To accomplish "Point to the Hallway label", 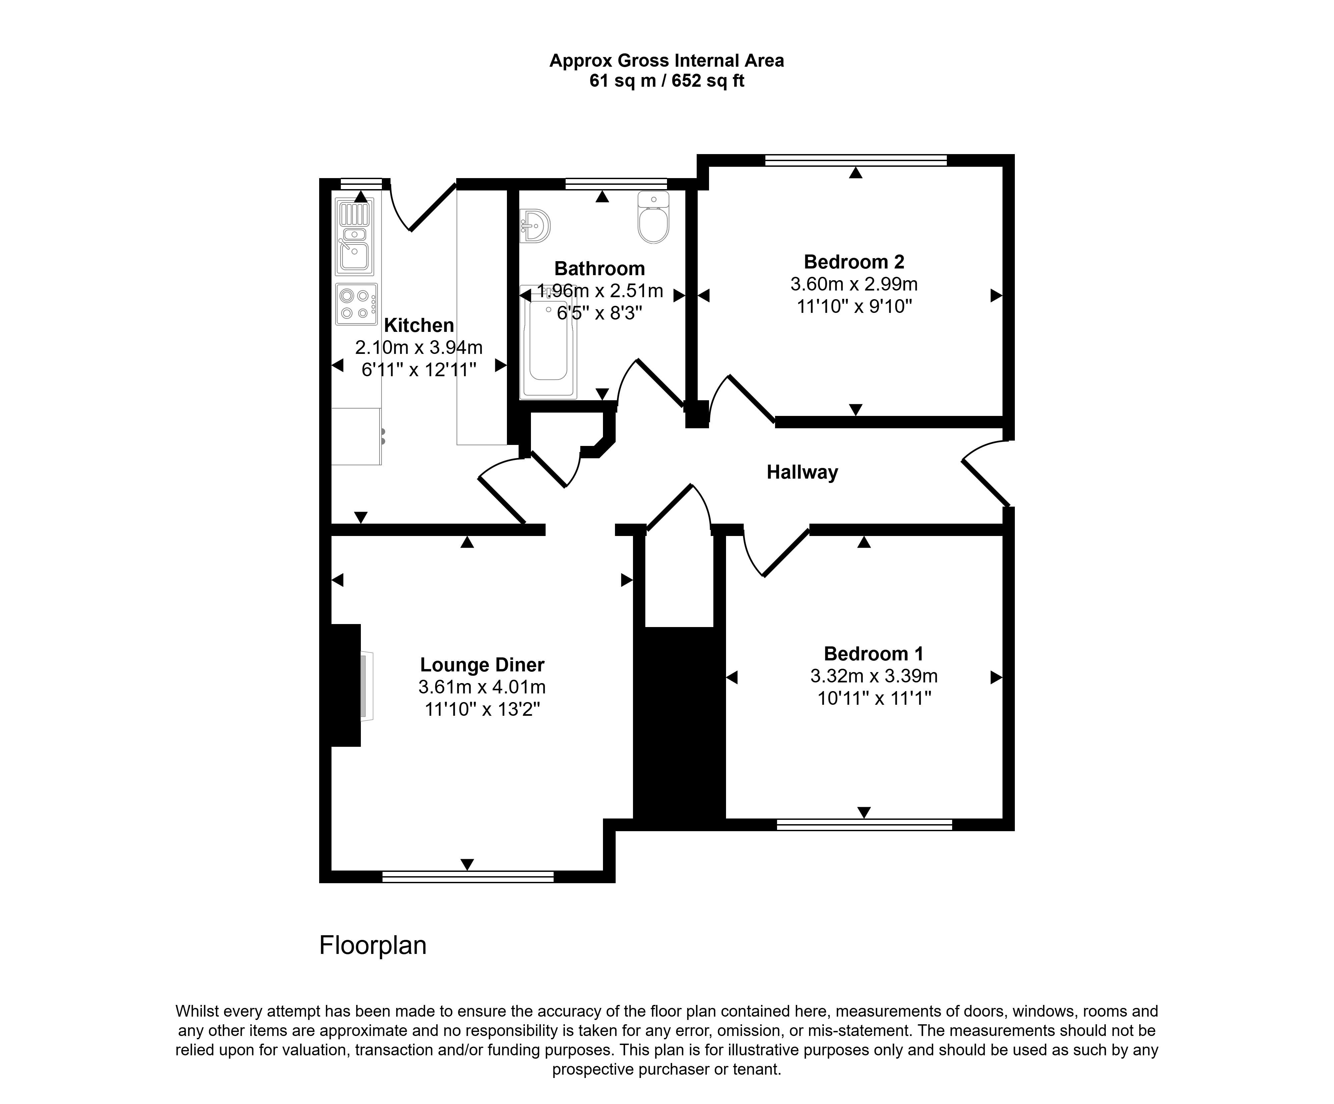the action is pyautogui.click(x=802, y=472).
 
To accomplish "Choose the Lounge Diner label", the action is pyautogui.click(x=482, y=665).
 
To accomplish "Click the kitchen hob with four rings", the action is pyautogui.click(x=357, y=304).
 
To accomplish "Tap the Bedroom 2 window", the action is pyautogui.click(x=856, y=160).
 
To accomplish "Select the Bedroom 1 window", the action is pyautogui.click(x=864, y=824).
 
